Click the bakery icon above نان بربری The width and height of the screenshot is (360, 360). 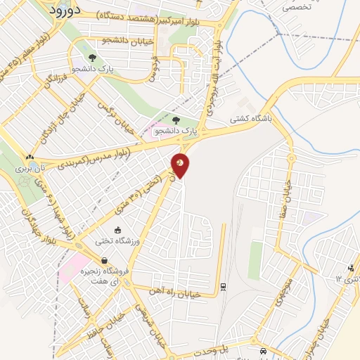pyautogui.click(x=29, y=157)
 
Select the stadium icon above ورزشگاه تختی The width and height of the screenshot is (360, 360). pyautogui.click(x=117, y=229)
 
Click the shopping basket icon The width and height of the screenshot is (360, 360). pyautogui.click(x=104, y=261)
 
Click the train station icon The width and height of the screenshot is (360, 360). pyautogui.click(x=223, y=286)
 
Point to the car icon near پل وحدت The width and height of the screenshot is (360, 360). pyautogui.click(x=263, y=350)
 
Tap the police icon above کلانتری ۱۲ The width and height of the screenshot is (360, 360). pyautogui.click(x=351, y=268)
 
